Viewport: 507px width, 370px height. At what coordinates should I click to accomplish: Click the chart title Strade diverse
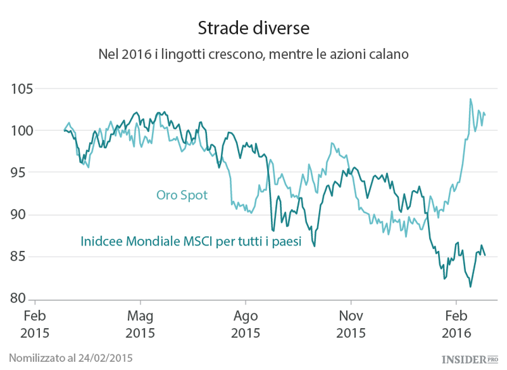254,28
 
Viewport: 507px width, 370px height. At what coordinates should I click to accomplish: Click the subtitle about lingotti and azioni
254,53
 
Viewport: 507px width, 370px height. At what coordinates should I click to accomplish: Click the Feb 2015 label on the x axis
35,325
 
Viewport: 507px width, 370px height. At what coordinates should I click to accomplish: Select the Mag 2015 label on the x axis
140,325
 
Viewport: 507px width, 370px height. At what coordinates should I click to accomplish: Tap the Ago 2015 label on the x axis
245,325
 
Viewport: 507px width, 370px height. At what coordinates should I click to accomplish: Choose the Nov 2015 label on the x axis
351,325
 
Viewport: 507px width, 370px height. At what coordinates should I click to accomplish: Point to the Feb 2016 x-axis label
456,325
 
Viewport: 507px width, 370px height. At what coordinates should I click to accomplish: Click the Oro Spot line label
181,195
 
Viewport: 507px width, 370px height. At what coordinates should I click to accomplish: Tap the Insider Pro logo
469,357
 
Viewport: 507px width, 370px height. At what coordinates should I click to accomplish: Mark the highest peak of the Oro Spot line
470,99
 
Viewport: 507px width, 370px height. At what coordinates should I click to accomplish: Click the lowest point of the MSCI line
470,287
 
